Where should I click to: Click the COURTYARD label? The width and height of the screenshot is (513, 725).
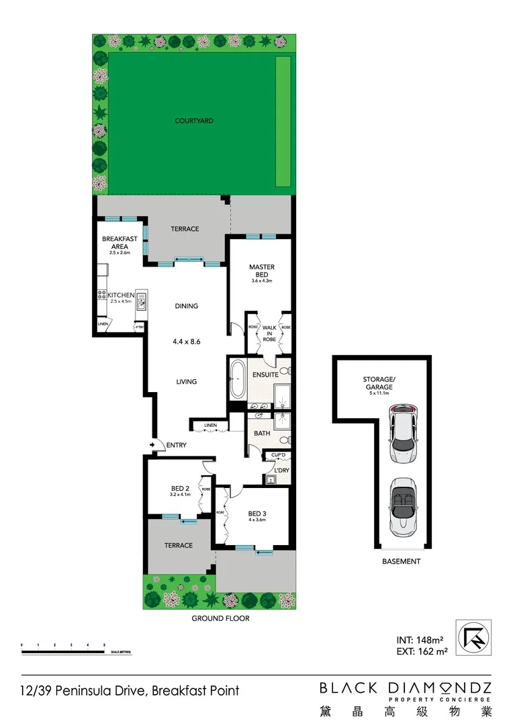pyautogui.click(x=194, y=121)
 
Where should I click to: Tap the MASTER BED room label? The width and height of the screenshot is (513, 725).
pyautogui.click(x=262, y=271)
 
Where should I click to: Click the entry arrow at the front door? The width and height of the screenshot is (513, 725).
pyautogui.click(x=154, y=444)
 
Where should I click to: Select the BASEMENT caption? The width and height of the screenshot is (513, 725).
pyautogui.click(x=402, y=561)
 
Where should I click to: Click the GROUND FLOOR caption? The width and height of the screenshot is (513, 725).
pyautogui.click(x=221, y=618)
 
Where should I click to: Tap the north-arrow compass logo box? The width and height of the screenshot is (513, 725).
pyautogui.click(x=473, y=636)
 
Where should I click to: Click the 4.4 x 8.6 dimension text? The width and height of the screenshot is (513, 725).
pyautogui.click(x=186, y=341)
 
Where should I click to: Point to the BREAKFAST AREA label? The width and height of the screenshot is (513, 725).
pyautogui.click(x=120, y=243)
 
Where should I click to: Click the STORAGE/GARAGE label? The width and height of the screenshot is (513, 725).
pyautogui.click(x=379, y=383)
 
